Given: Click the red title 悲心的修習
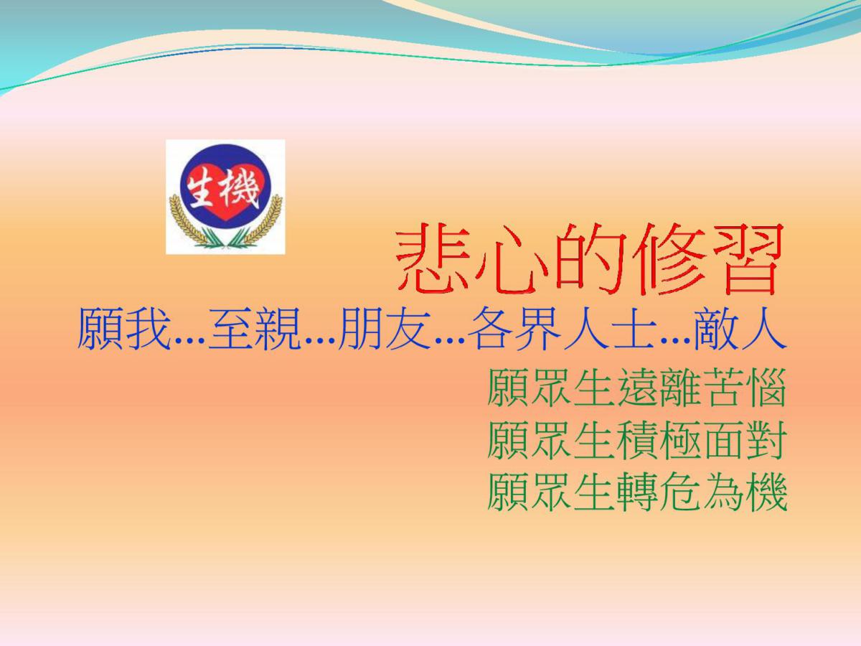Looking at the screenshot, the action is coord(589,259).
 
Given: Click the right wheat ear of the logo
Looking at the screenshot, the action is coord(261,222).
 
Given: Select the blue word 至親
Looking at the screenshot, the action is coord(253,329).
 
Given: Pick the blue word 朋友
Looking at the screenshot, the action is coord(385,329).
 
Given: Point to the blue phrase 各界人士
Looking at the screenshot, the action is coord(562,329).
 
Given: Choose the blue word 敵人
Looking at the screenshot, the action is coord(740,329).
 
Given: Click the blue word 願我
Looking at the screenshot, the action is coord(123,329).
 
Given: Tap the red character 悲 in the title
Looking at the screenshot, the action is coord(432,259).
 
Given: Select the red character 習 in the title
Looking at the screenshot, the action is coord(745,259).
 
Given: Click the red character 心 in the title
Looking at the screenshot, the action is coord(510,259).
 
